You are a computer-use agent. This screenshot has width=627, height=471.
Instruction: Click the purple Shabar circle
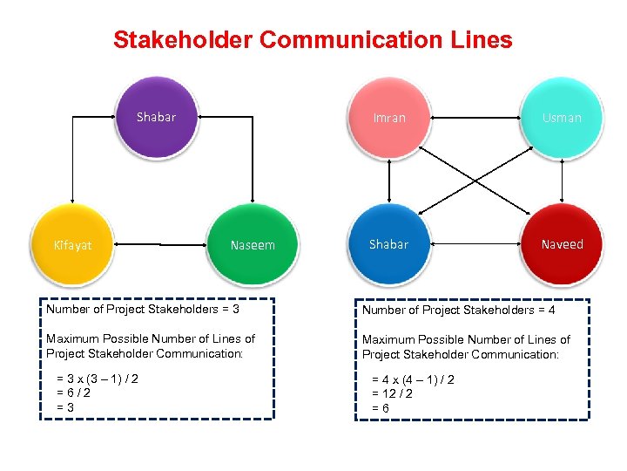157,118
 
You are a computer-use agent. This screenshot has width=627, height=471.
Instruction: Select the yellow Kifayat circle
73,245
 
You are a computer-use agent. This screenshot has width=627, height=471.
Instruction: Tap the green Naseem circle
253,245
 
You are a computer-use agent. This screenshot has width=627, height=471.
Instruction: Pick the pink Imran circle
389,118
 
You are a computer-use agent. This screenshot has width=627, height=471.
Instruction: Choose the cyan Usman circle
562,118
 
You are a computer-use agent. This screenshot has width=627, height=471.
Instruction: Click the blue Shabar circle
388,244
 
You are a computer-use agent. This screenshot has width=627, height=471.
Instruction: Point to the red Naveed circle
562,244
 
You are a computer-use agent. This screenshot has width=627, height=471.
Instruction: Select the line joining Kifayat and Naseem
161,245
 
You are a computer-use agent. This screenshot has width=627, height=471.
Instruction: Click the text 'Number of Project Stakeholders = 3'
143,309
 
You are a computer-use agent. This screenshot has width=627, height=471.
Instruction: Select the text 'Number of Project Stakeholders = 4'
459,310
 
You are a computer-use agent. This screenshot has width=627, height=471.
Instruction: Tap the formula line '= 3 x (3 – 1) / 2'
98,379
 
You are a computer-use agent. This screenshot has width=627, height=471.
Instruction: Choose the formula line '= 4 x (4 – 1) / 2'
414,379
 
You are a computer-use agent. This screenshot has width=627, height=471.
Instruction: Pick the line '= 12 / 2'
393,393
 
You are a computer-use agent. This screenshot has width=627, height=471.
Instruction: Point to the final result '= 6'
381,408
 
